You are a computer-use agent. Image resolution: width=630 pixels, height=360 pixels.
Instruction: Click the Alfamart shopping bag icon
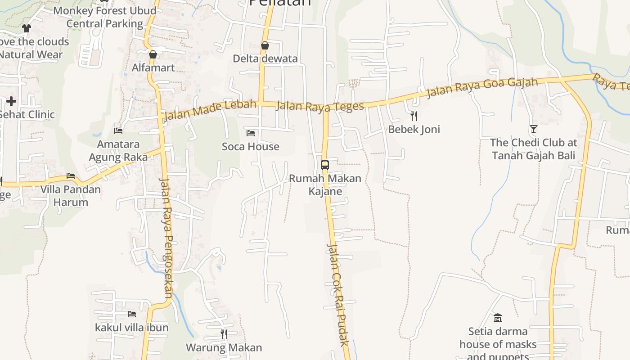[153, 54]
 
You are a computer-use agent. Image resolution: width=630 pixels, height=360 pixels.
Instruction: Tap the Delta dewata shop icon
[265, 45]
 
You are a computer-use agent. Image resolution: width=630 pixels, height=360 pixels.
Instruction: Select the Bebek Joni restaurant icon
[414, 116]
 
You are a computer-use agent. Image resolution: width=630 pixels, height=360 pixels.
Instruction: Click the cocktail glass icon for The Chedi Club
[533, 129]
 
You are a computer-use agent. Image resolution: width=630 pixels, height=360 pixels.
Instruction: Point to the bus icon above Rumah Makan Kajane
[325, 165]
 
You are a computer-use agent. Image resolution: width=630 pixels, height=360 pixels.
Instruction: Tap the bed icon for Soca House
[251, 133]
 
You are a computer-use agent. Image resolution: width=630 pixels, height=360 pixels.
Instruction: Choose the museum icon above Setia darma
[497, 318]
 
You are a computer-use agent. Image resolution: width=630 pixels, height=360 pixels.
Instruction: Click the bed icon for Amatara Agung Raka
[118, 131]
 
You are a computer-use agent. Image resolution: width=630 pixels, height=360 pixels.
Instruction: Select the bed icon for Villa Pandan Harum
[71, 176]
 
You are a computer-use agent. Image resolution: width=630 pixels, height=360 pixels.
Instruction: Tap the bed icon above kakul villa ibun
[132, 314]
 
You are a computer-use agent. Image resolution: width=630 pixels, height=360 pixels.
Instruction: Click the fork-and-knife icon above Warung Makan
[224, 334]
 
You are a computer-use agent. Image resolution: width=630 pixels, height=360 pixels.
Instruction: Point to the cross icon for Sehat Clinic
[11, 101]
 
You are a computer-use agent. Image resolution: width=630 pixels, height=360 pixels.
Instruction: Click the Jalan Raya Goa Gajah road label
[482, 88]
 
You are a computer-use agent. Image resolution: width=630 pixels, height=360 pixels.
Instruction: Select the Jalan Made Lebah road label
[210, 110]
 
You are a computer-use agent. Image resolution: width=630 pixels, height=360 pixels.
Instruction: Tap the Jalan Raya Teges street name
[320, 106]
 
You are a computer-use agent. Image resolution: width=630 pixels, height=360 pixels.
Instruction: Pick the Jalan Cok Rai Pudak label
[338, 295]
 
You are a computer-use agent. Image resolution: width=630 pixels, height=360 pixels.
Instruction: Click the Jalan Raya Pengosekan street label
[166, 238]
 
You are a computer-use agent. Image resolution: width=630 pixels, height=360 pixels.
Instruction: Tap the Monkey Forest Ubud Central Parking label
[105, 17]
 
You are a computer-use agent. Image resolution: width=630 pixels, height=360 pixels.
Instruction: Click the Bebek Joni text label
[414, 130]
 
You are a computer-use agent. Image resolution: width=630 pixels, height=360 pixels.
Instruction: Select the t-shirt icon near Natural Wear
[26, 28]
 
